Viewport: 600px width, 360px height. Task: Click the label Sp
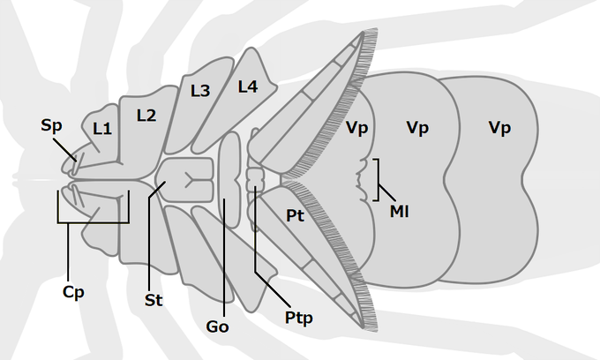click(51, 125)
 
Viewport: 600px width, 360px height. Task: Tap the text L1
click(102, 129)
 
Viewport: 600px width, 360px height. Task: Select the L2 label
click(146, 114)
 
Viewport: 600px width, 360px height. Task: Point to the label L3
click(199, 90)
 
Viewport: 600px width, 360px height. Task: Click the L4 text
click(247, 86)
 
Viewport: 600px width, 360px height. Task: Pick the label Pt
click(296, 215)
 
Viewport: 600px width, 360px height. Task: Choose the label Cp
click(73, 292)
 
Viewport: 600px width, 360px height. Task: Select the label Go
click(217, 326)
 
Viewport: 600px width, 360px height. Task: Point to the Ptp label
click(299, 315)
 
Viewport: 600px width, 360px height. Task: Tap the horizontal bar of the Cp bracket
click(93, 221)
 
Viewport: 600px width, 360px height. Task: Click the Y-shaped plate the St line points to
click(189, 180)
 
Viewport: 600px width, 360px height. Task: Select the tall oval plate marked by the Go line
click(229, 176)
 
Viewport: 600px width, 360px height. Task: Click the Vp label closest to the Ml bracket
click(357, 129)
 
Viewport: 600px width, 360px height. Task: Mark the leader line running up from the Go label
click(224, 265)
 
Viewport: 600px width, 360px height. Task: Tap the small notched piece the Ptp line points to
click(256, 176)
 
